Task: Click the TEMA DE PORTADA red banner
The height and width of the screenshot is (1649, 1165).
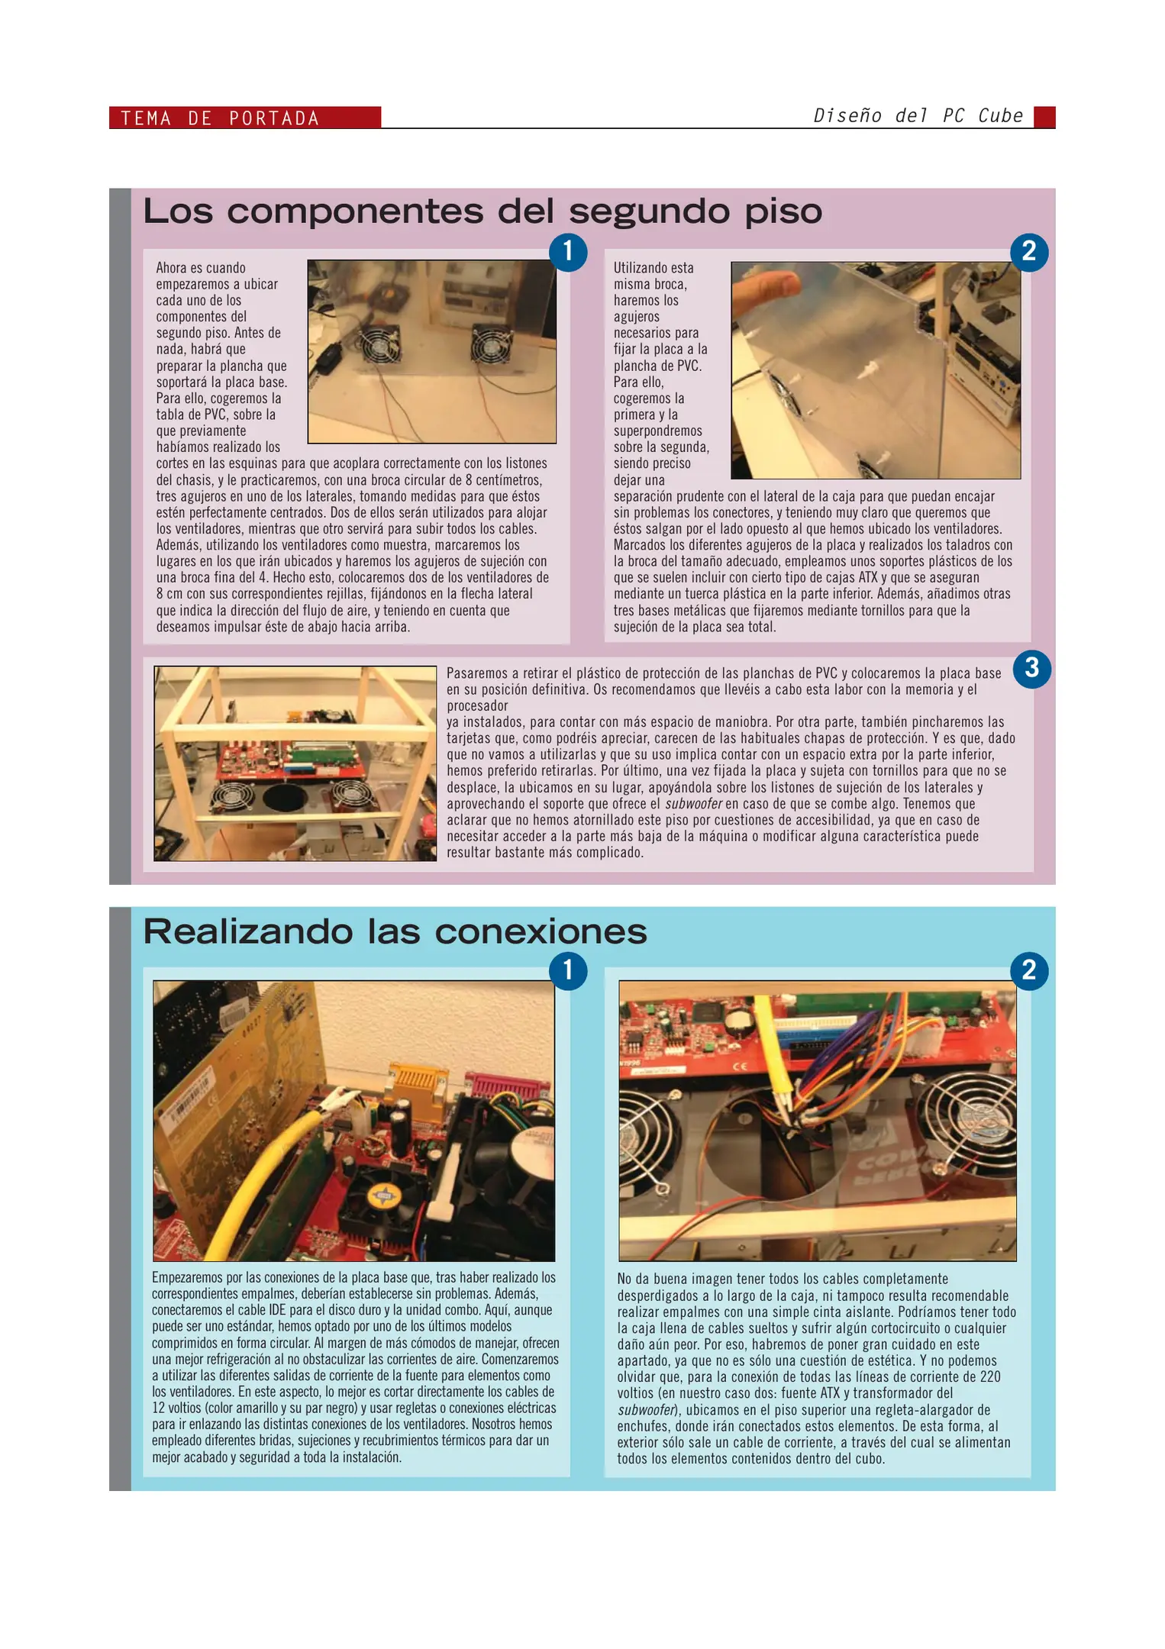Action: [x=244, y=118]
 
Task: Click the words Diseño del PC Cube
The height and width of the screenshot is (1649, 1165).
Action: [x=917, y=116]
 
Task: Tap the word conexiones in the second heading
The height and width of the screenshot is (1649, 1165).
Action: [x=540, y=932]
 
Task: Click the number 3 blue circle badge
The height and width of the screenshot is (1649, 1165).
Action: [x=1031, y=669]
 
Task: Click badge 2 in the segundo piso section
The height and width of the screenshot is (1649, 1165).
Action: [x=1028, y=251]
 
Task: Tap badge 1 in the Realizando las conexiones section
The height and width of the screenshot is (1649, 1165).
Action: [x=568, y=970]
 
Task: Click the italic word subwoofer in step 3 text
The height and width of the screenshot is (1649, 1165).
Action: [x=692, y=804]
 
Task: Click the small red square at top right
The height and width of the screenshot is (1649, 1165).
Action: [x=1044, y=117]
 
